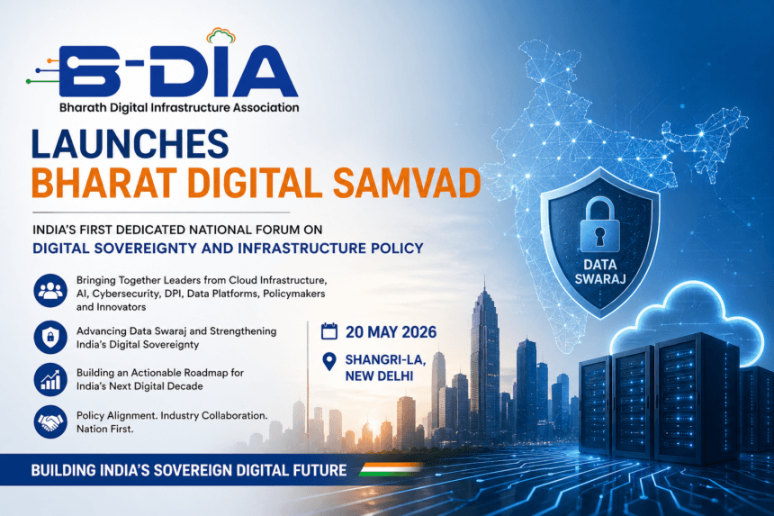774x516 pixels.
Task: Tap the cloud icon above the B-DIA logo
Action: pos(221,36)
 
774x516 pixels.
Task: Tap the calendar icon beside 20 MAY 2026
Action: pos(329,331)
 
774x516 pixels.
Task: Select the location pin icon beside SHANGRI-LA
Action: pos(329,361)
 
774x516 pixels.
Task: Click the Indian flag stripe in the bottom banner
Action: pos(390,469)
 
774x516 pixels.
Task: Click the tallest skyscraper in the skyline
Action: pos(483,360)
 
